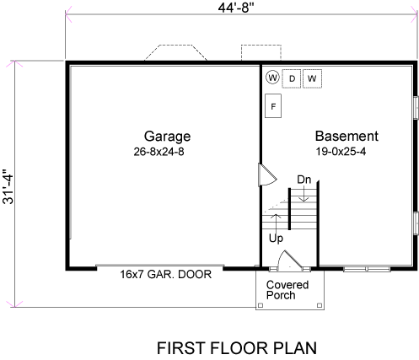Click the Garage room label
167,137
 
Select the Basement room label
346,137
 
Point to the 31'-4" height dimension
8,186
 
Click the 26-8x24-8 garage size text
158,152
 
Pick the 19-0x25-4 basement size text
341,152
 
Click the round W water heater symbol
272,78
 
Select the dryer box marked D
292,78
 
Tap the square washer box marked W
312,78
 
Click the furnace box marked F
273,106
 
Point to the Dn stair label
304,180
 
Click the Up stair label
276,239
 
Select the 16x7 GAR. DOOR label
166,275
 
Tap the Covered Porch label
287,290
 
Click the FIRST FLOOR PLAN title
237,348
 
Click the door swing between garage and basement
267,175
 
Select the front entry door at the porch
289,261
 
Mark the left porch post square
261,305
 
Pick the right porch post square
320,305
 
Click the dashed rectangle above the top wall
261,45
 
